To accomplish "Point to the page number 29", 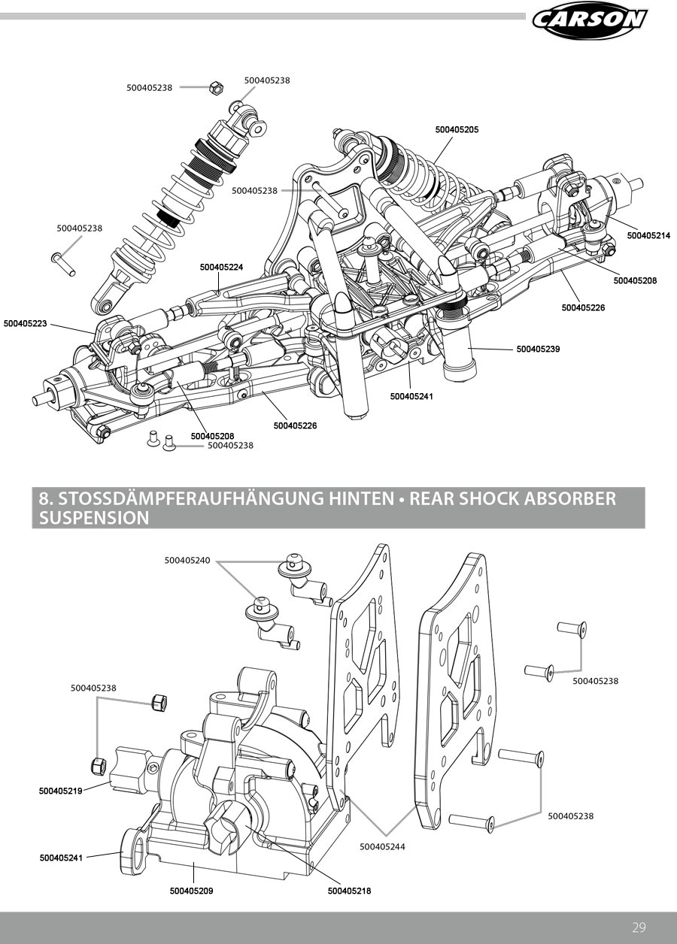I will (639, 927).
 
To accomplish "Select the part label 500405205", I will (457, 130).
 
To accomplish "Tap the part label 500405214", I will (648, 236).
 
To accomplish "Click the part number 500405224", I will (221, 267).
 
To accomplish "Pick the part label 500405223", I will (25, 324).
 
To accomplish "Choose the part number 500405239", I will (538, 349).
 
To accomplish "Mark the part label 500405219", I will (61, 791).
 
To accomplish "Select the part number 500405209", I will (191, 891).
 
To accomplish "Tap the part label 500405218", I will (350, 891).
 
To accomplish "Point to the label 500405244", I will (382, 846).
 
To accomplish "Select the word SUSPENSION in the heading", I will (93, 518).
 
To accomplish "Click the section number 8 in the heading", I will (44, 498).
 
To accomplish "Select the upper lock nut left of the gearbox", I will (158, 703).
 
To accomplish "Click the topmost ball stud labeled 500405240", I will (292, 563).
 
